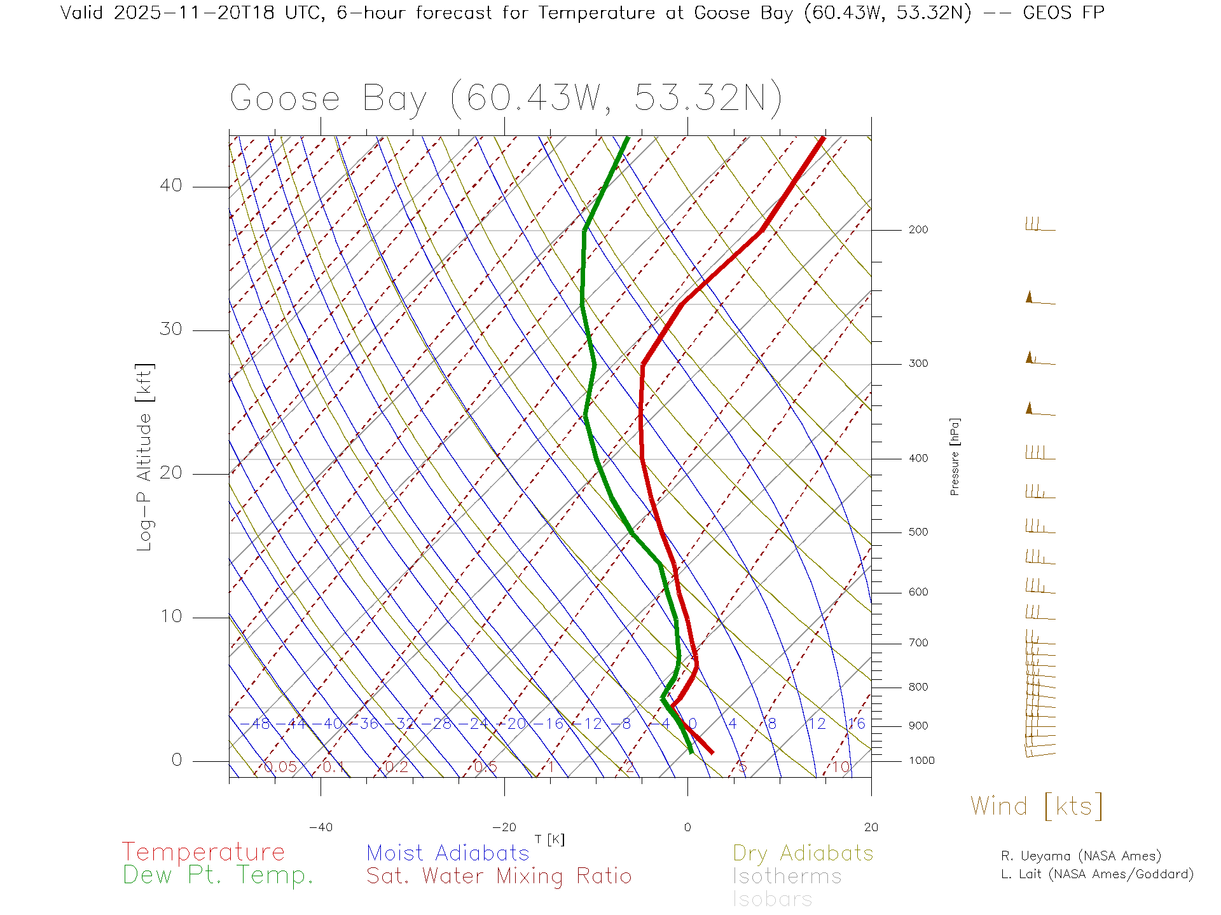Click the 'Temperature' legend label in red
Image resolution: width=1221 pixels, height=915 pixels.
coord(203,851)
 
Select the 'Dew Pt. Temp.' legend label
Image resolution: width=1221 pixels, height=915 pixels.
coord(218,876)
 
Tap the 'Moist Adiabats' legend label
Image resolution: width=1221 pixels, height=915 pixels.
coord(448,853)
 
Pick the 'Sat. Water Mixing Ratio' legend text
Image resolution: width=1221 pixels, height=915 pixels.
coord(499,876)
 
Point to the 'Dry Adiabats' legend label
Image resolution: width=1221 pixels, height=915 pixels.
coord(803,853)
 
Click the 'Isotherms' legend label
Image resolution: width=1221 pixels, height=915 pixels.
coord(787,876)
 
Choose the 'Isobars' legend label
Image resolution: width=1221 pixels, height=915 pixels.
coord(772,899)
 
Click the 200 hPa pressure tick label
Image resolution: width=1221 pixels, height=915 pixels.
coord(918,230)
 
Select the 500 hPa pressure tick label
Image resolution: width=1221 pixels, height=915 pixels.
coord(918,532)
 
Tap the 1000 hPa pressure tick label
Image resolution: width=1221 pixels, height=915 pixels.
coord(921,761)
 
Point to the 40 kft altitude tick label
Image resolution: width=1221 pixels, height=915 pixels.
coord(170,186)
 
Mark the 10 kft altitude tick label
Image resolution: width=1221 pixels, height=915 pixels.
coord(170,616)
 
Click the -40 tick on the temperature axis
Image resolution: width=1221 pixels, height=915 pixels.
coord(321,827)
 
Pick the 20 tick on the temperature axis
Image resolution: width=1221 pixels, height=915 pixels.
coord(871,827)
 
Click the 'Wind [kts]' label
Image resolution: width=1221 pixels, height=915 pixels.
coord(1036,806)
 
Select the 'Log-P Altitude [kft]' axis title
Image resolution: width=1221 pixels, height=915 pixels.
coord(145,457)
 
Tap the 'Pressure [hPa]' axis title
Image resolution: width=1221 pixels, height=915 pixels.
coord(955,457)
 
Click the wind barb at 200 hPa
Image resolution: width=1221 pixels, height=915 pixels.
coord(1039,225)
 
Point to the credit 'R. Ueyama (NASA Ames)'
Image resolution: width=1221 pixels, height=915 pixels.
coord(1080,856)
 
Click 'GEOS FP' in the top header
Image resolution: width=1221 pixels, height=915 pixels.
coord(1063,13)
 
